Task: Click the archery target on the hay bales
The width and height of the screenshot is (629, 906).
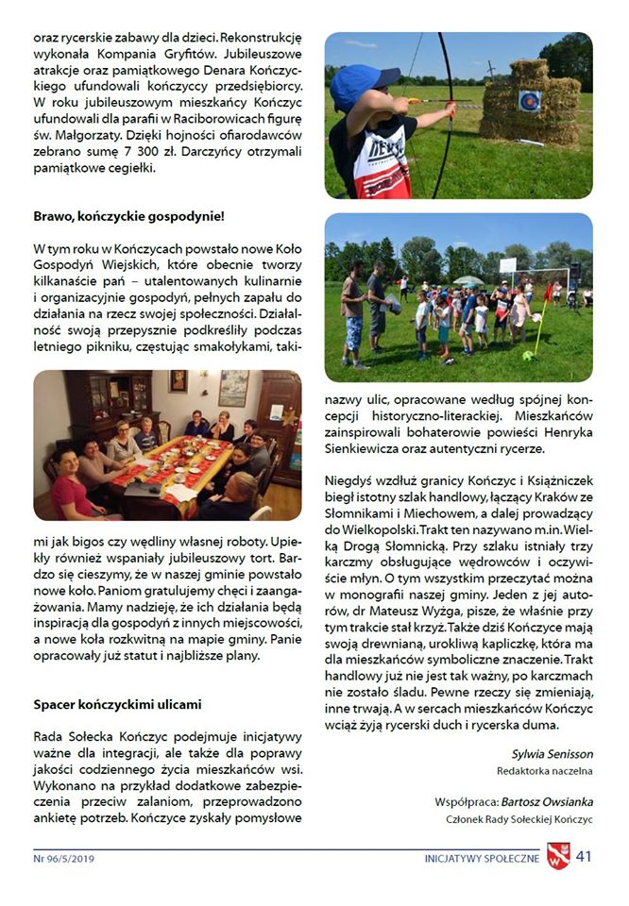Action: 529,101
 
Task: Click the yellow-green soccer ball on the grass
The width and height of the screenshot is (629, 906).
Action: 528,356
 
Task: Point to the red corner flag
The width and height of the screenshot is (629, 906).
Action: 549,295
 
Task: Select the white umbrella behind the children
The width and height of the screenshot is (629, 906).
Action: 468,280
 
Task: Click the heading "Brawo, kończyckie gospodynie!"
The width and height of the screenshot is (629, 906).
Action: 128,216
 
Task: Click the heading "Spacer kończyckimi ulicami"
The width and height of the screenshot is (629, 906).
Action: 117,704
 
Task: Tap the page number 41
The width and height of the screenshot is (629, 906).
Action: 584,857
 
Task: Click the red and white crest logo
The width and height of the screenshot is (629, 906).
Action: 558,857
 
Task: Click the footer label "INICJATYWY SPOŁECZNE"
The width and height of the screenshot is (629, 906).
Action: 482,859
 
